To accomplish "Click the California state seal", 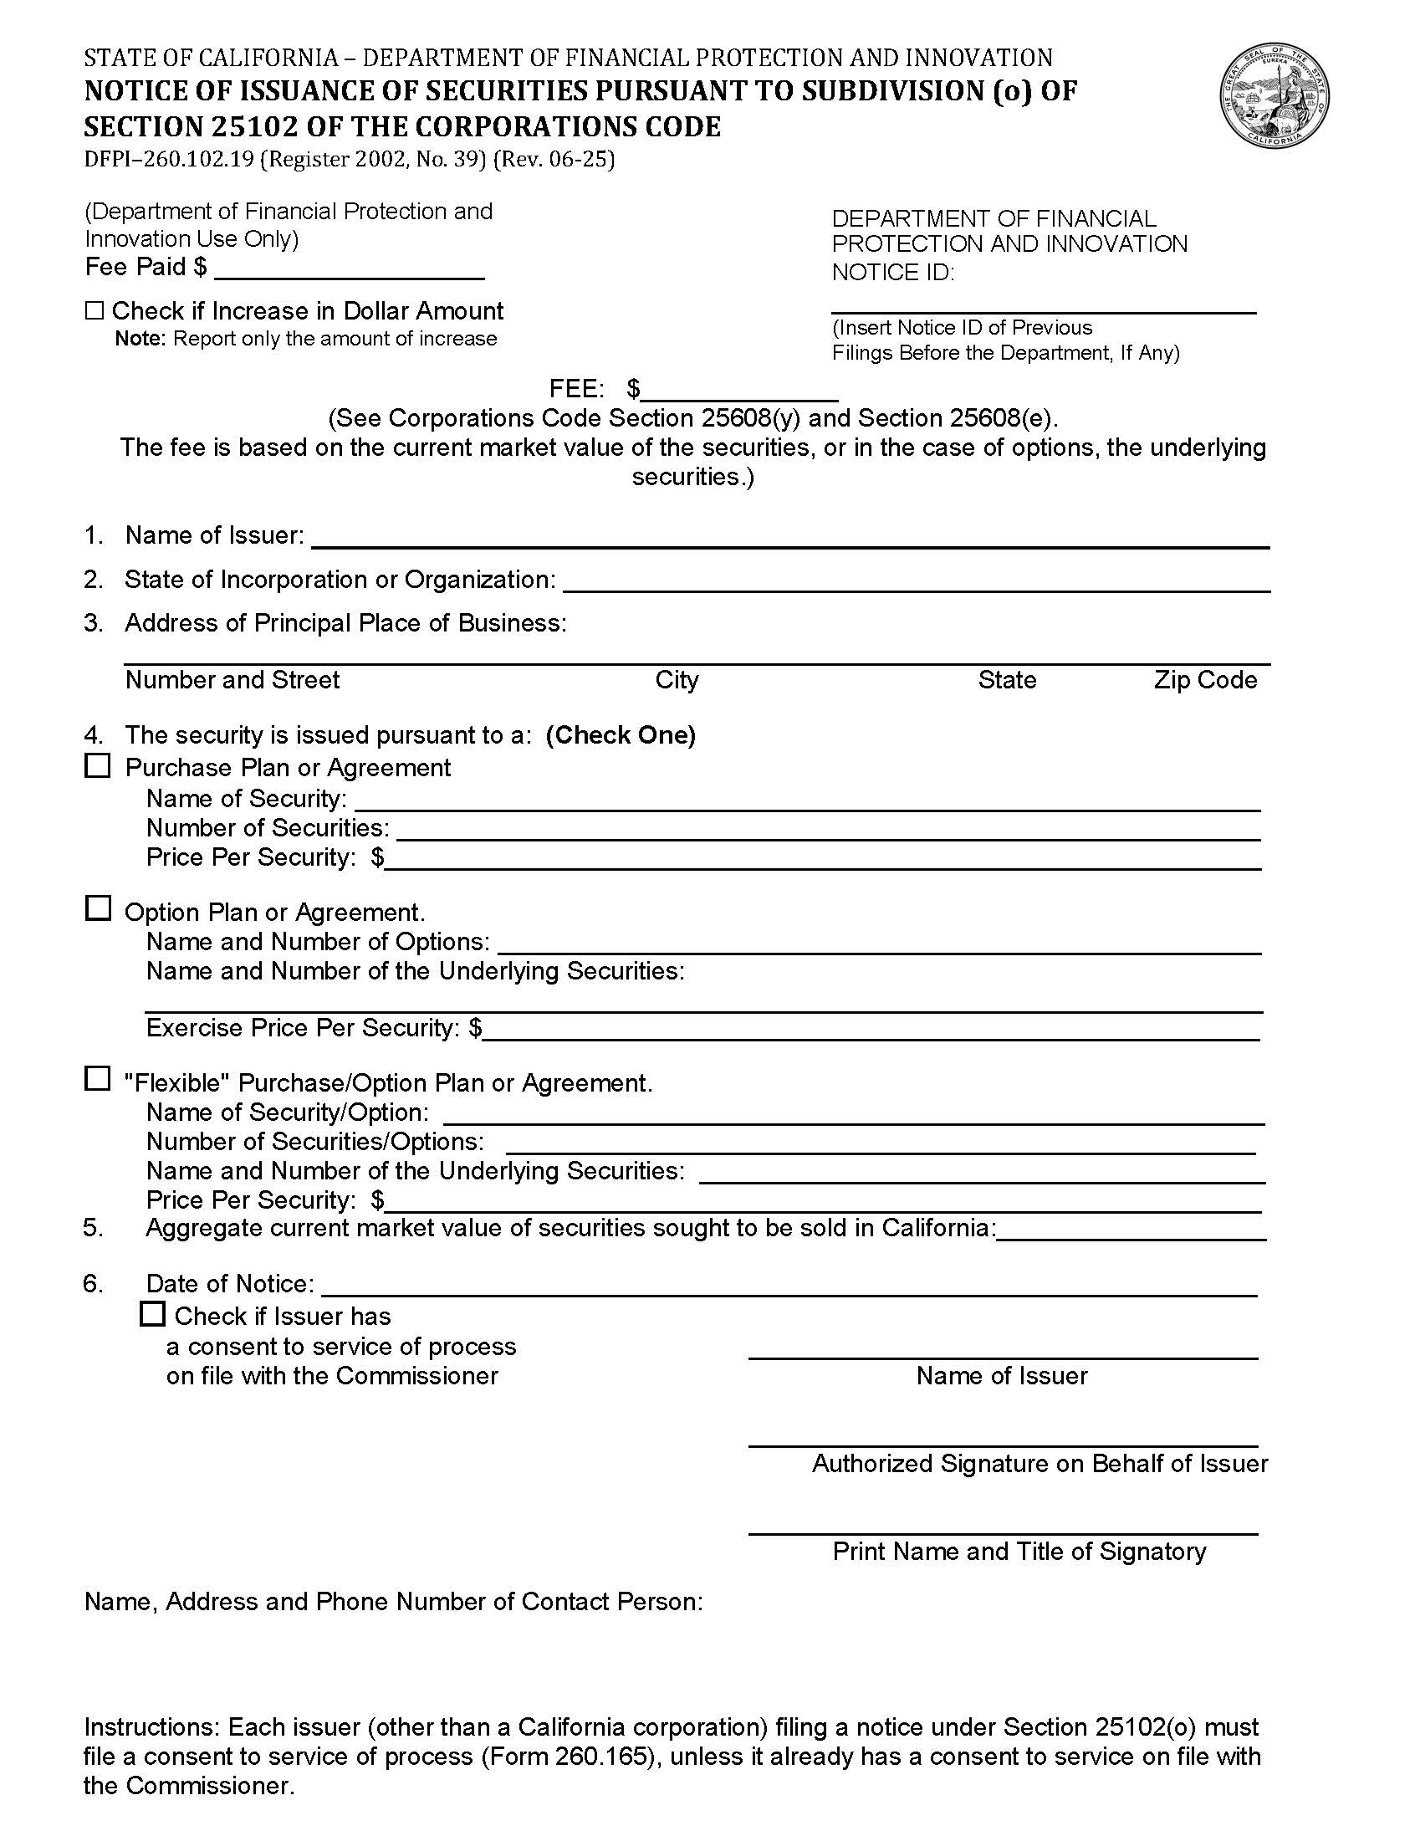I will [1275, 97].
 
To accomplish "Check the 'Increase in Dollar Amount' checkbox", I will [94, 311].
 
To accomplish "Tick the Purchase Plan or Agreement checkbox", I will [98, 765].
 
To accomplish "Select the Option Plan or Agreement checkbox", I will [98, 908].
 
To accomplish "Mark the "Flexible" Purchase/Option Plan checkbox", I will [98, 1079].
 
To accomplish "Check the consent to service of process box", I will [152, 1314].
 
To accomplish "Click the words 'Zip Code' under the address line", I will [1204, 680].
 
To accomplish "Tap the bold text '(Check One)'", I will [621, 735].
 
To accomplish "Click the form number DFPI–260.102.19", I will [168, 159].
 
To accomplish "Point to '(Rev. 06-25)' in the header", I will [554, 159].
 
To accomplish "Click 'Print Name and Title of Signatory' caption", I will [1019, 1551].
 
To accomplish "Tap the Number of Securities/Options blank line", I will [880, 1145].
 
